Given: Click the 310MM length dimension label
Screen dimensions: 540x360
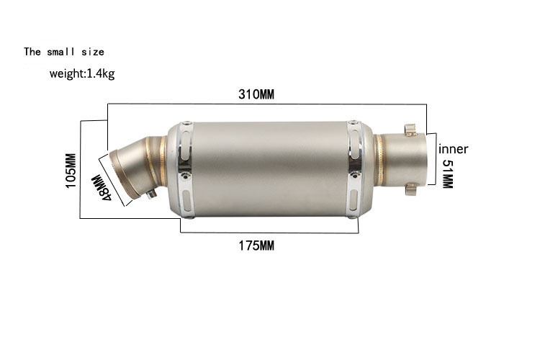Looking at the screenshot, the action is pos(256,94).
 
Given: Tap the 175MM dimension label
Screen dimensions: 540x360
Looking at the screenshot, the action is pos(256,246).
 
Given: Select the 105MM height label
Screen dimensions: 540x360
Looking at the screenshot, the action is pos(71,171).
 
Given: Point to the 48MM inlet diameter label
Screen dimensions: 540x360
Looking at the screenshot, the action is pos(102,188).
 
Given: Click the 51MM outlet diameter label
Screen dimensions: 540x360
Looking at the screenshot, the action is pos(447,174).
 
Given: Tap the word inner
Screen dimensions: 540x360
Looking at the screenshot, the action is pos(453,149).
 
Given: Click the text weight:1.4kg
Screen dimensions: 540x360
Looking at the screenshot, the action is pos(82,73).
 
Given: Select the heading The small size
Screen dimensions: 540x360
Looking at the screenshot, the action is pos(64,52).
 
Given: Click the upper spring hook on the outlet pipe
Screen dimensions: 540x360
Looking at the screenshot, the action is pos(410,130).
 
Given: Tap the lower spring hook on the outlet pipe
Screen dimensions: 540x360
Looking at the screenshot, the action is pos(411,189).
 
